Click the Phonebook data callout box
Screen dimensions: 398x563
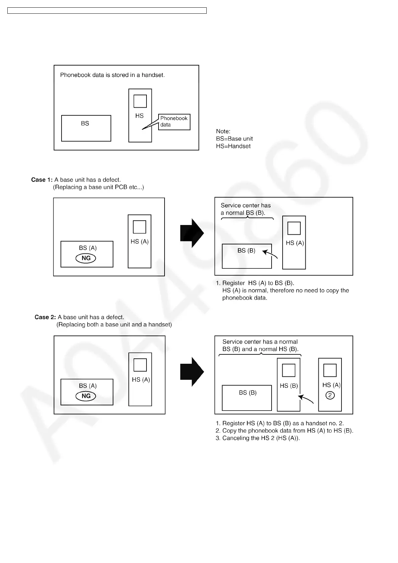[x=174, y=122]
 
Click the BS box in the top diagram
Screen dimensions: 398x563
[x=86, y=128]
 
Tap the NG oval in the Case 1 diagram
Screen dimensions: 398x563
[x=86, y=258]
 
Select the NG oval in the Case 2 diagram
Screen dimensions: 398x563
[x=86, y=396]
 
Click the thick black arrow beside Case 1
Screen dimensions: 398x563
[x=192, y=233]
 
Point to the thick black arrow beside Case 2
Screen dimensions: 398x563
[x=192, y=371]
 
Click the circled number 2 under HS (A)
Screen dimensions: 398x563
[x=330, y=396]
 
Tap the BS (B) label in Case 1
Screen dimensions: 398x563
[x=246, y=251]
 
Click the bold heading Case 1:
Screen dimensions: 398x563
[x=42, y=180]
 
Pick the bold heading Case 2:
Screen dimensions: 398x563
[x=45, y=317]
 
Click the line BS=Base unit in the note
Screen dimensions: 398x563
[x=234, y=139]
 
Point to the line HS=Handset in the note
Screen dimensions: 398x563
[x=233, y=146]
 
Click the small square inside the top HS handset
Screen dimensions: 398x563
[x=140, y=101]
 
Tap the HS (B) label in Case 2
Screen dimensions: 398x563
[x=289, y=386]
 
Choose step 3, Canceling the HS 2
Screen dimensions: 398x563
[x=258, y=438]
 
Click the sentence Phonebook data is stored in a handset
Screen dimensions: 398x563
[x=112, y=75]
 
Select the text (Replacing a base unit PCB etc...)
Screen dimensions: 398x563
[x=98, y=187]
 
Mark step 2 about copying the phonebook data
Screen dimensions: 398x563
[x=284, y=431]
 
